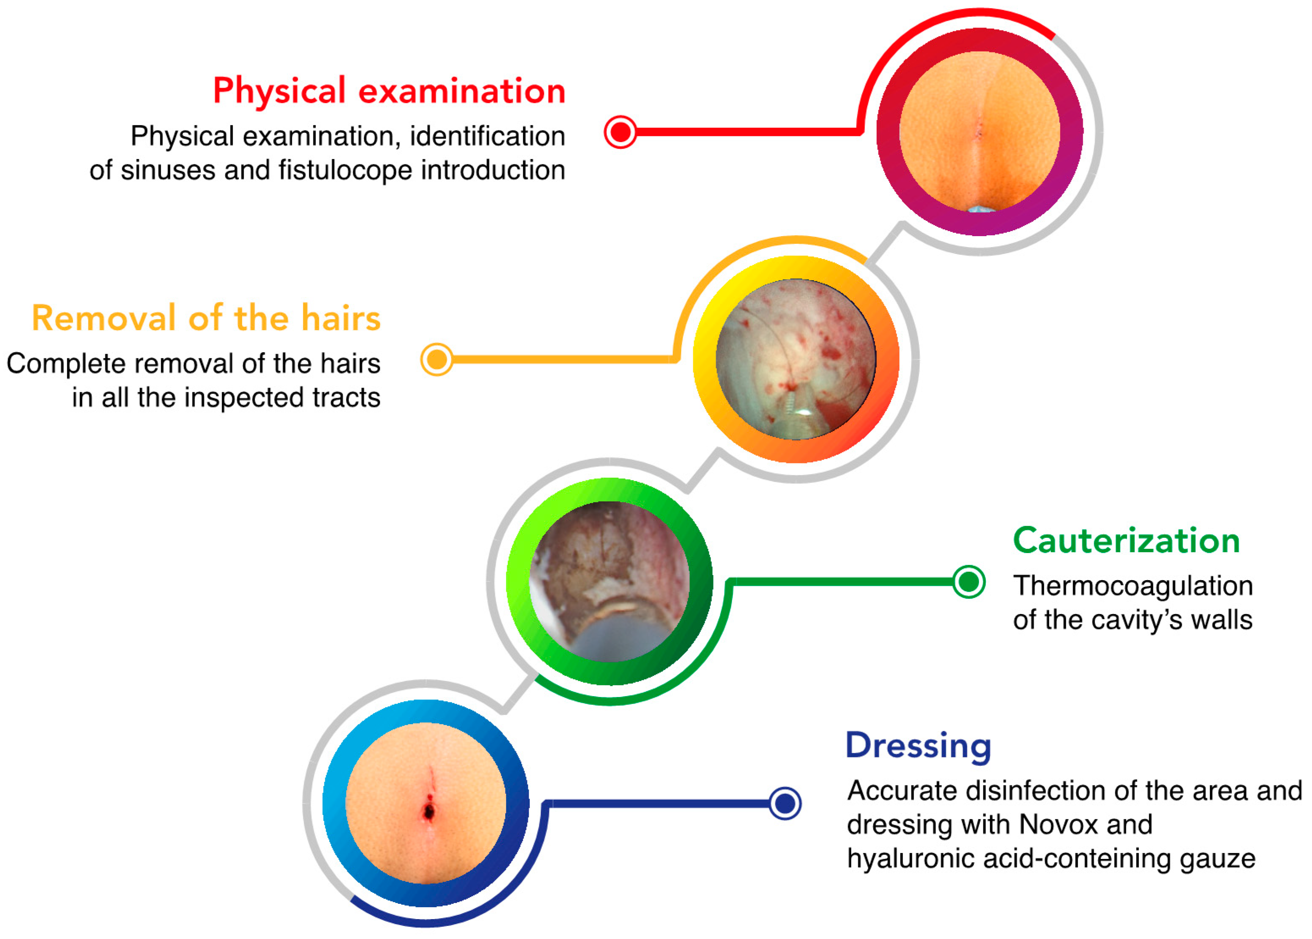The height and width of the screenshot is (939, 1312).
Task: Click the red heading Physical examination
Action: tap(389, 91)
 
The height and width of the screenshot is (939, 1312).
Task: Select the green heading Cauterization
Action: tap(1126, 541)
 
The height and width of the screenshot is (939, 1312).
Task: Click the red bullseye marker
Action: tap(620, 132)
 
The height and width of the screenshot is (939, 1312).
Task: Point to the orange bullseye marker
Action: tap(436, 360)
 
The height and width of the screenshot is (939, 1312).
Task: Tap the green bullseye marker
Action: tap(969, 582)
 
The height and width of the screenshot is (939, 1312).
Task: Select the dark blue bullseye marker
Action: tap(785, 803)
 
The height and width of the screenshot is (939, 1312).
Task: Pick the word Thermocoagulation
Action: tap(1133, 586)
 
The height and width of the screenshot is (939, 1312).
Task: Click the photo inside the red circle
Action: tap(979, 132)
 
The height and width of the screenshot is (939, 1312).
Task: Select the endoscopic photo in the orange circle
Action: tap(796, 359)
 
